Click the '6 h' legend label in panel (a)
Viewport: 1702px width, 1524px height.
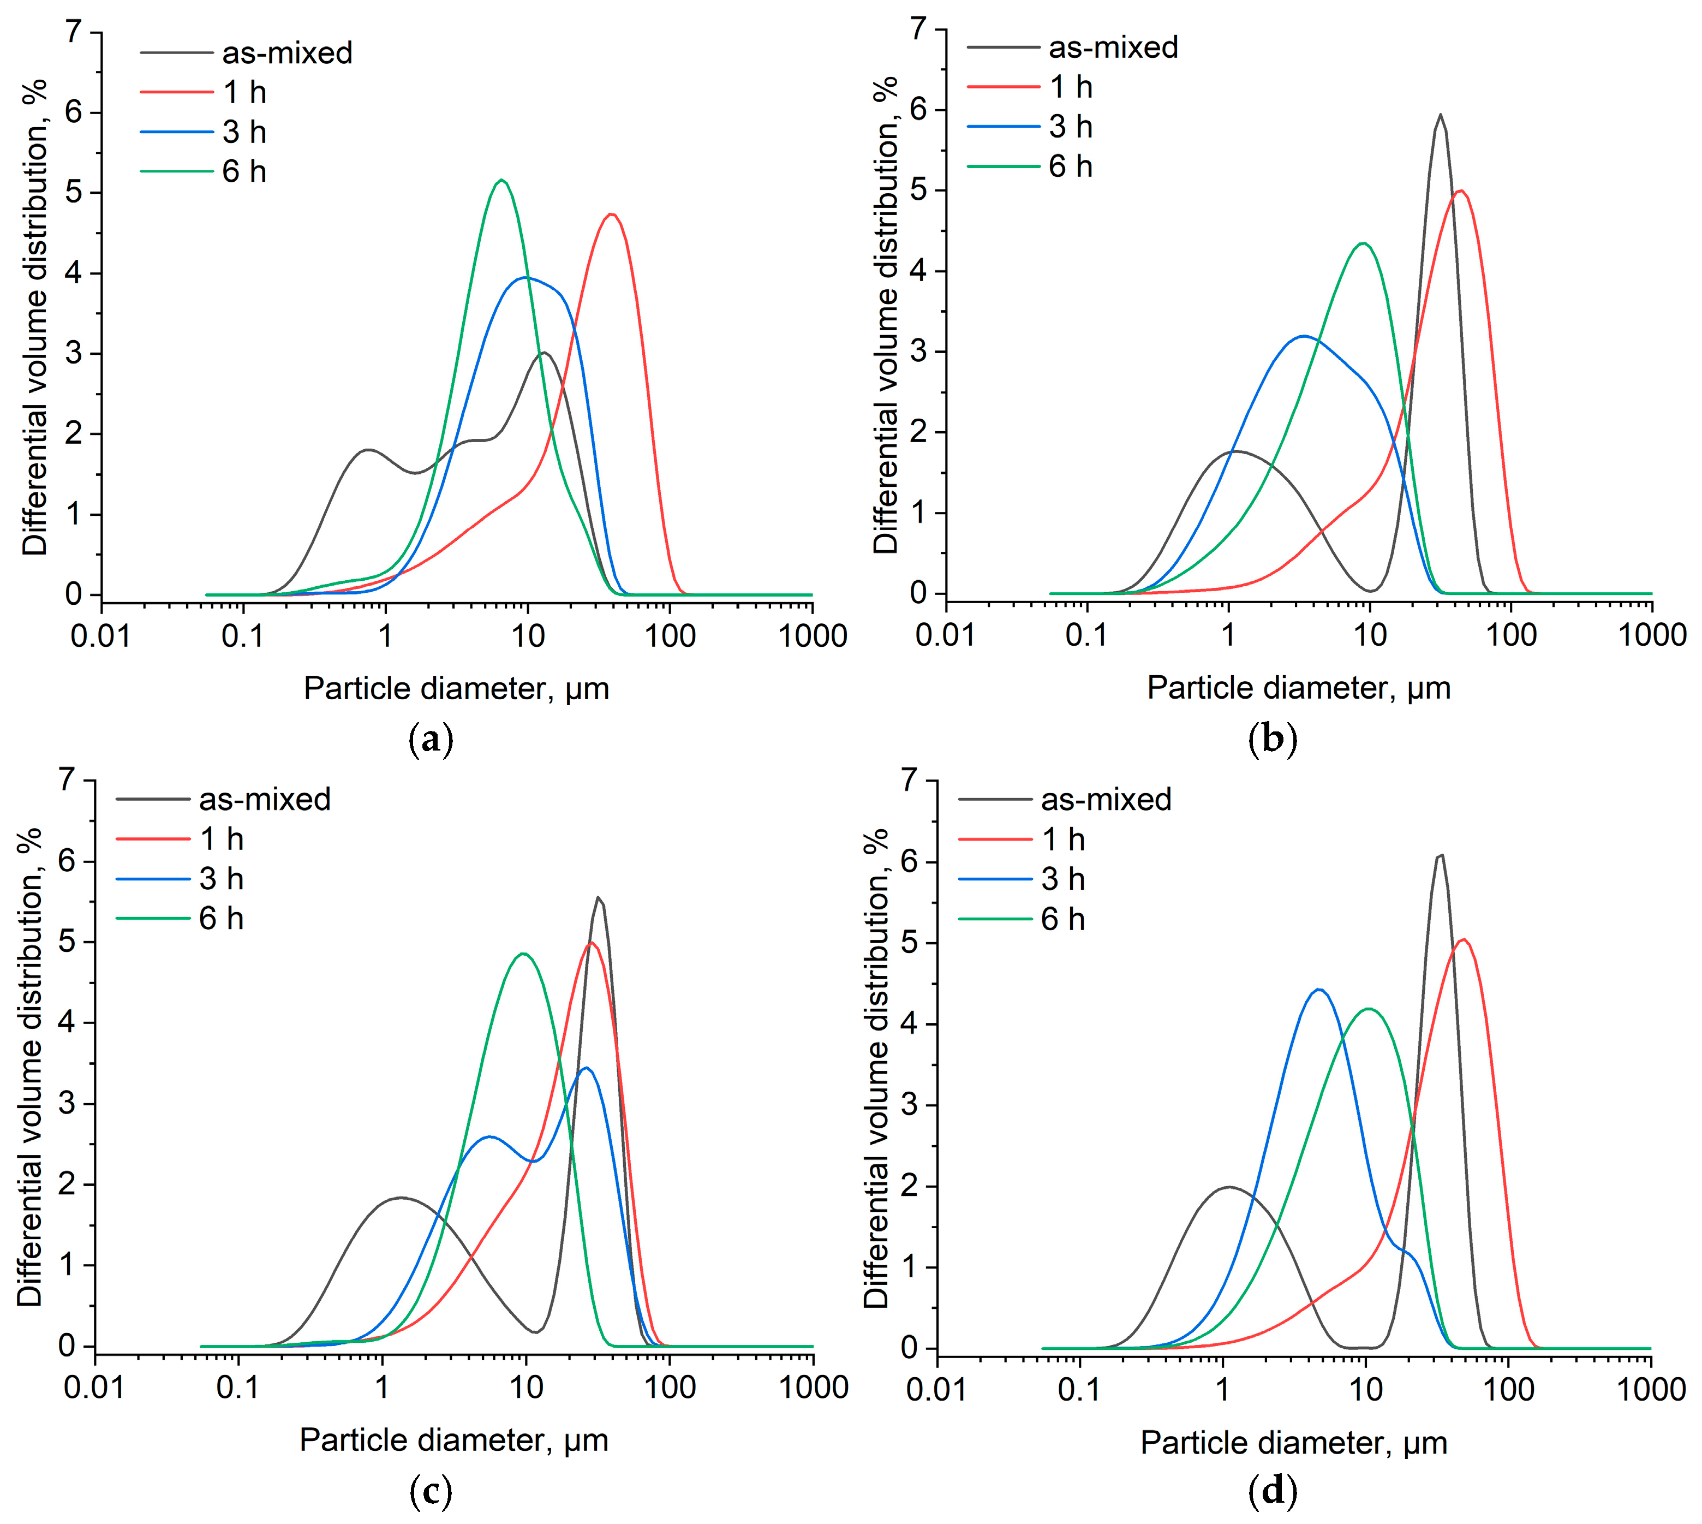point(243,171)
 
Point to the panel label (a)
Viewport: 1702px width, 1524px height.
point(431,740)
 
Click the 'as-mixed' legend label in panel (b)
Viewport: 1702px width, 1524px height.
point(1113,47)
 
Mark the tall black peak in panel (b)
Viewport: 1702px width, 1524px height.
point(1440,115)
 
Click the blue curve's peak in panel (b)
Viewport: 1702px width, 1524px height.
point(1304,336)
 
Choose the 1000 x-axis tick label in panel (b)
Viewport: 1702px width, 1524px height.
point(1651,635)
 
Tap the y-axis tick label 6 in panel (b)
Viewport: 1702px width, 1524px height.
point(919,110)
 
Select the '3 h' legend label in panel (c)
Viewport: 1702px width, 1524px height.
point(221,878)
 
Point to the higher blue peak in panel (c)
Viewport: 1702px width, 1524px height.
point(586,1068)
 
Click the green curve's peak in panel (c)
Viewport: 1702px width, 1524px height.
point(524,953)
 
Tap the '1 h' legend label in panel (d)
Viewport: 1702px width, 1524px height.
point(1062,839)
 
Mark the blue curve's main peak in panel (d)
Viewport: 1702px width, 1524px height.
point(1319,989)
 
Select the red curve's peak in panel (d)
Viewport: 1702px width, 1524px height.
point(1462,939)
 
